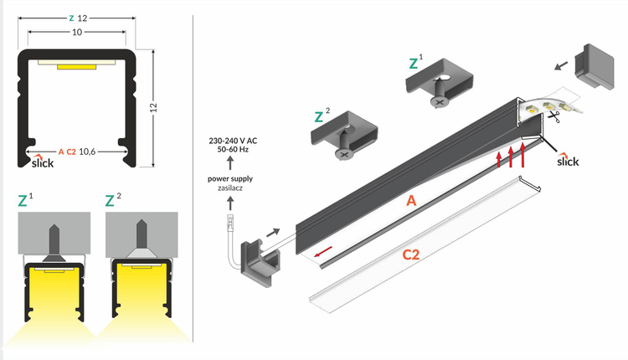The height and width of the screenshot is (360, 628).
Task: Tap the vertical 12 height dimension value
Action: click(x=156, y=107)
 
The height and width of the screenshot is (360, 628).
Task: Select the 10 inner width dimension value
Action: click(x=77, y=33)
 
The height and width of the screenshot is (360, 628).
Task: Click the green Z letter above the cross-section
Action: click(x=71, y=17)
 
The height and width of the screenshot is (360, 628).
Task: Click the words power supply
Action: click(x=231, y=178)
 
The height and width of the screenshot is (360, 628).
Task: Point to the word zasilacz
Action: click(x=231, y=188)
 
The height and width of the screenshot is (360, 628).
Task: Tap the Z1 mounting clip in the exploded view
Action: click(x=436, y=89)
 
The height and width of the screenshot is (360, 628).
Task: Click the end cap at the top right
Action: click(x=594, y=66)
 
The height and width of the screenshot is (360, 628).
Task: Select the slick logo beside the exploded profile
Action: click(x=567, y=159)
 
